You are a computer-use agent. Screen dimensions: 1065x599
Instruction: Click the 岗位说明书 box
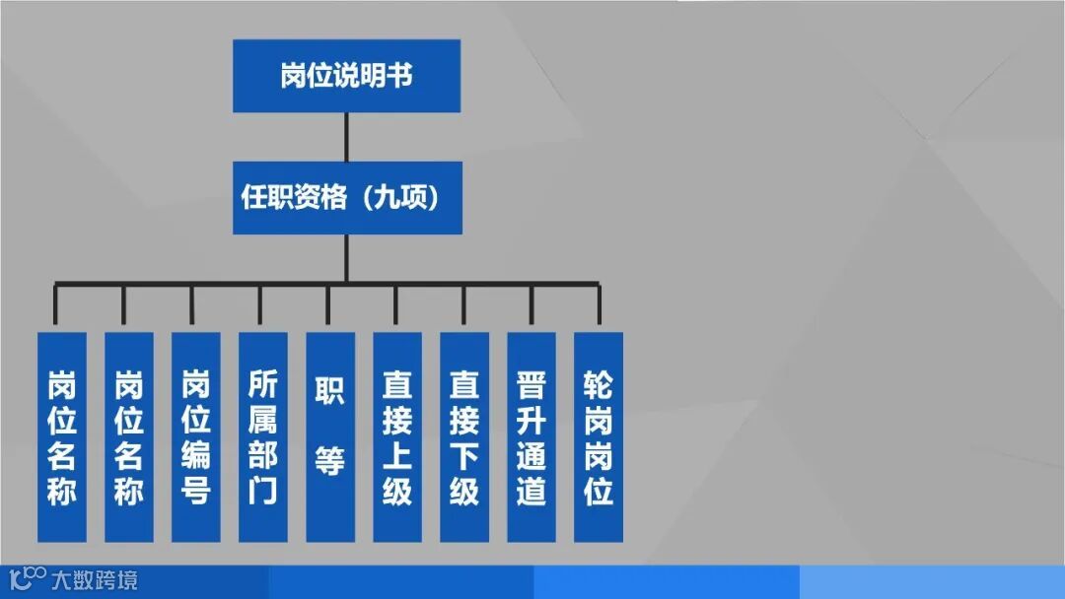(346, 76)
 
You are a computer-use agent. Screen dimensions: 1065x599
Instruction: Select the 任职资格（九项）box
(346, 197)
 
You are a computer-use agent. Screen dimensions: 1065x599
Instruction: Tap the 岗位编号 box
(195, 436)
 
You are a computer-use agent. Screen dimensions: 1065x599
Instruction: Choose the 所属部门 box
(262, 436)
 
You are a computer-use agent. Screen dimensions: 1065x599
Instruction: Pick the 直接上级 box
(396, 436)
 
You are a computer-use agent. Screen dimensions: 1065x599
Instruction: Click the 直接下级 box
(463, 436)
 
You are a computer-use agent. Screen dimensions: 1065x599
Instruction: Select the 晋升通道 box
(531, 436)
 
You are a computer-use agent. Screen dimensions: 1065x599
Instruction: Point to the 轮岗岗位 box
(598, 436)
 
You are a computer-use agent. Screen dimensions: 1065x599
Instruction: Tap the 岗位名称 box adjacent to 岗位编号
(128, 436)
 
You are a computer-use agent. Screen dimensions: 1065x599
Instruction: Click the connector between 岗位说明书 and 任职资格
(346, 136)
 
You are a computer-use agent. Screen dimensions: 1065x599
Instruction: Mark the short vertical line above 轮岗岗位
(599, 305)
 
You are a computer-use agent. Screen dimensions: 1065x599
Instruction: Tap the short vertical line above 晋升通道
(532, 305)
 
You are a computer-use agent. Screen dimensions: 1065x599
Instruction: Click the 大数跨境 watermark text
(95, 579)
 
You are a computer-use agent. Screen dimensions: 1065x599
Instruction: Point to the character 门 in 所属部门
(262, 491)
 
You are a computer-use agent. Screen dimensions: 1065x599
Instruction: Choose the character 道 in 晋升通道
(531, 491)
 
